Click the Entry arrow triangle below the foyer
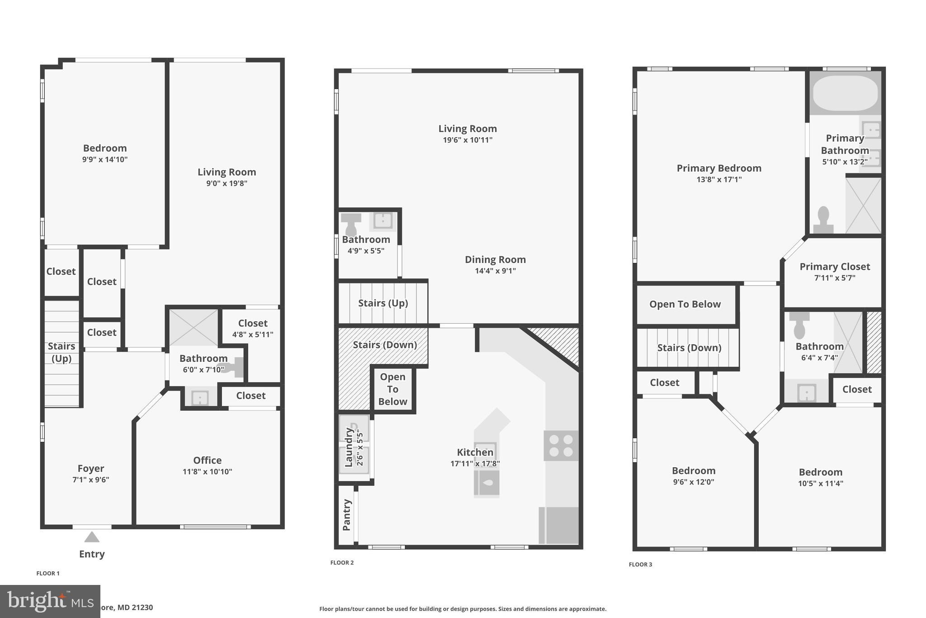click(92, 537)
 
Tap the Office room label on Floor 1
click(207, 460)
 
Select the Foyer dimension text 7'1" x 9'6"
click(91, 480)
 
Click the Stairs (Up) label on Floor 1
click(61, 352)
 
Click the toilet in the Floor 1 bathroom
click(233, 367)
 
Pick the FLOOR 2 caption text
click(342, 563)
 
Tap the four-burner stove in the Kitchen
click(561, 446)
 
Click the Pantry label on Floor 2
click(347, 515)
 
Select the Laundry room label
click(349, 447)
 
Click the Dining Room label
click(495, 260)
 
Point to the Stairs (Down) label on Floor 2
click(385, 345)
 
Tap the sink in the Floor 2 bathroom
click(383, 221)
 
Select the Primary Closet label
click(835, 267)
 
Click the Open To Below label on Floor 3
click(685, 304)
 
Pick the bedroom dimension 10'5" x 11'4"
click(820, 484)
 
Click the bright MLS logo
click(50, 601)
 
